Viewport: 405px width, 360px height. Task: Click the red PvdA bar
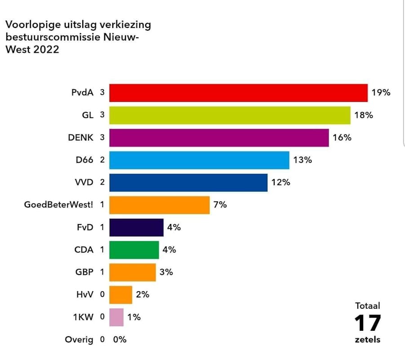(x=238, y=93)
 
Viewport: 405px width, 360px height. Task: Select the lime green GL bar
(x=230, y=115)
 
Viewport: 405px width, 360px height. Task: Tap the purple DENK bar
(x=219, y=138)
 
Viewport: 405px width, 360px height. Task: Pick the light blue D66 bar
(x=199, y=160)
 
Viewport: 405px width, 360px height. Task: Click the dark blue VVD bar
(x=188, y=183)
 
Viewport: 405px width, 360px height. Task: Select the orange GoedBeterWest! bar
(x=160, y=205)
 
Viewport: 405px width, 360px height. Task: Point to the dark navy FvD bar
(x=136, y=227)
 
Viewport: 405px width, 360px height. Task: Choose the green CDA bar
(x=134, y=250)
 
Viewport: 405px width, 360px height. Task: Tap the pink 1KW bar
(x=116, y=317)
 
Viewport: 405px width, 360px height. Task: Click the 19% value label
(x=381, y=93)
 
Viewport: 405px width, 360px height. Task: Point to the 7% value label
(x=220, y=205)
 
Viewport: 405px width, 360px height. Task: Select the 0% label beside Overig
(x=120, y=339)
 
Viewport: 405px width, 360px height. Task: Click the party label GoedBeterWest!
(x=58, y=205)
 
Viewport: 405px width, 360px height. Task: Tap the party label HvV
(x=85, y=295)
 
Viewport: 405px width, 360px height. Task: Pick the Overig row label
(x=79, y=339)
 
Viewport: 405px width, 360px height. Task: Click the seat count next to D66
(x=102, y=160)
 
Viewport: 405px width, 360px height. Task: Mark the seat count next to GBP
(x=102, y=272)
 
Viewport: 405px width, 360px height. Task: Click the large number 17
(x=367, y=323)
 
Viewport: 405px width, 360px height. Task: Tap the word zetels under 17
(x=367, y=340)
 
